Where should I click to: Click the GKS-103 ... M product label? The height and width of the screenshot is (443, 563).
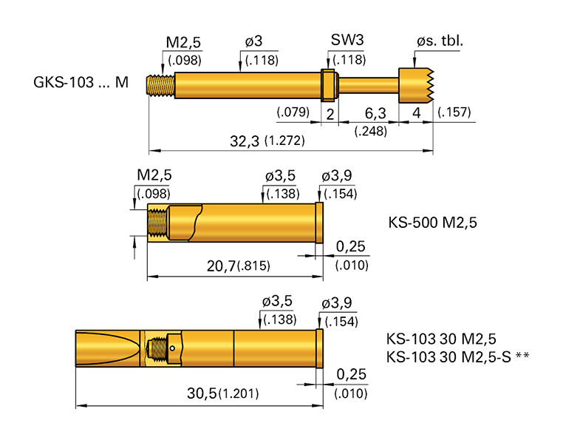pos(81,83)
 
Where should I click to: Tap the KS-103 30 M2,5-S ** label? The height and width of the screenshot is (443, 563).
pos(458,357)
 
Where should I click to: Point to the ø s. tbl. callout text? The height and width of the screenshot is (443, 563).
pos(440,41)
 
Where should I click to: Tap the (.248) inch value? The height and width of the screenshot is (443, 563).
pos(369,131)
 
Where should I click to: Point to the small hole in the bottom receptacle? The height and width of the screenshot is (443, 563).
pos(172,348)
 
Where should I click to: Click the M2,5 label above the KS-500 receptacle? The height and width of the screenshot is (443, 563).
pos(154,175)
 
